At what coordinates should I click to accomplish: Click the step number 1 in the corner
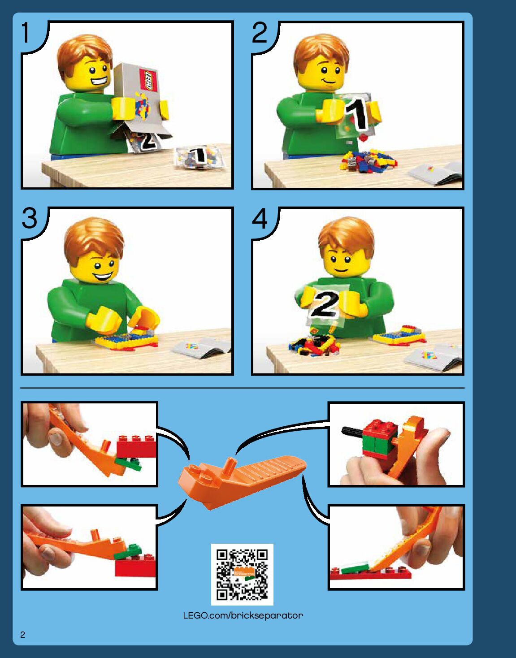26,33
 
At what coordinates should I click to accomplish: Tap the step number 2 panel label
260,33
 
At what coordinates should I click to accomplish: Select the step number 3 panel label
30,218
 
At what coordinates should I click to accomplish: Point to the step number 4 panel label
260,218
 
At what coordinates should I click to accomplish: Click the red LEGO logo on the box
148,80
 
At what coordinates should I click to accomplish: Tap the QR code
242,575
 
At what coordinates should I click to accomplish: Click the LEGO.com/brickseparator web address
243,615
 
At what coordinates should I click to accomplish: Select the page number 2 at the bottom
23,635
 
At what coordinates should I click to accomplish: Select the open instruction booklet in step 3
201,348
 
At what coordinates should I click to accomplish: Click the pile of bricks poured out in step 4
313,345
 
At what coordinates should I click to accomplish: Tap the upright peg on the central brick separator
230,466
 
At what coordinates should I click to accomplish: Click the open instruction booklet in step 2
436,173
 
